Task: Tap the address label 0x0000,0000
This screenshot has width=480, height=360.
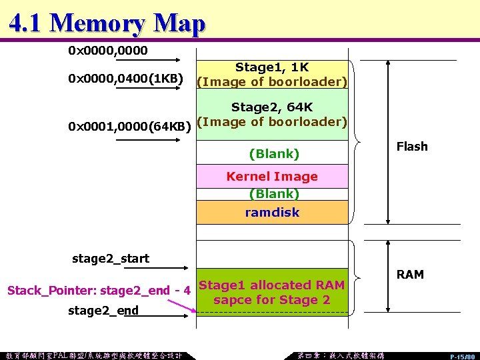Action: tap(108, 51)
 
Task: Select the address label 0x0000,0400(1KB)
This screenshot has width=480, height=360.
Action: tap(126, 79)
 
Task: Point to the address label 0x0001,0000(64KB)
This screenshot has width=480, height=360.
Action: tap(129, 125)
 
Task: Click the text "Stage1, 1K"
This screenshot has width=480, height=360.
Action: tap(271, 67)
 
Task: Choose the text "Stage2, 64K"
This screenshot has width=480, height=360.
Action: tap(271, 107)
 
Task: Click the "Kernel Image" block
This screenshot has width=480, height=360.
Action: tap(272, 177)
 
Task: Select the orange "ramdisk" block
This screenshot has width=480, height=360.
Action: tap(272, 213)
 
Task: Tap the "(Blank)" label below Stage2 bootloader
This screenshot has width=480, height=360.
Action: tap(273, 154)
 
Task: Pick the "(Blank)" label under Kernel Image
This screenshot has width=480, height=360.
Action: tap(273, 194)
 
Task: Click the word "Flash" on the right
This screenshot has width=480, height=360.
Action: tap(411, 147)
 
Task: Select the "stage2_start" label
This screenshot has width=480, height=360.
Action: tap(111, 259)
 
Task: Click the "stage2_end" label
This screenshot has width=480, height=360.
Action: tap(103, 311)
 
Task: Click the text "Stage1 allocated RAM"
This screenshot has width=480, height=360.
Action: tap(272, 285)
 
